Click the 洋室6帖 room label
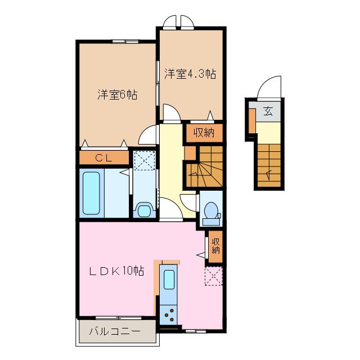116,94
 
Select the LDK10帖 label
117,271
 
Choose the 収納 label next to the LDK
216,246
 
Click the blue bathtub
92,192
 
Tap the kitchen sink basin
168,278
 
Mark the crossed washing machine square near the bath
144,161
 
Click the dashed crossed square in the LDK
214,276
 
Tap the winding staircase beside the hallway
204,167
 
